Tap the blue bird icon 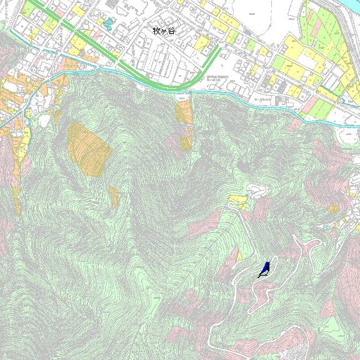tap(264, 270)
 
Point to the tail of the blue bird tap(260, 276)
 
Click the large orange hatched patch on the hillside tap(89, 149)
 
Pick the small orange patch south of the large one tap(114, 196)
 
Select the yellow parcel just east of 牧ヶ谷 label tap(202, 43)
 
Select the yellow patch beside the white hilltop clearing tap(237, 199)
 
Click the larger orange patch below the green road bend tap(184, 112)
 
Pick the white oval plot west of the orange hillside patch tap(44, 119)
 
